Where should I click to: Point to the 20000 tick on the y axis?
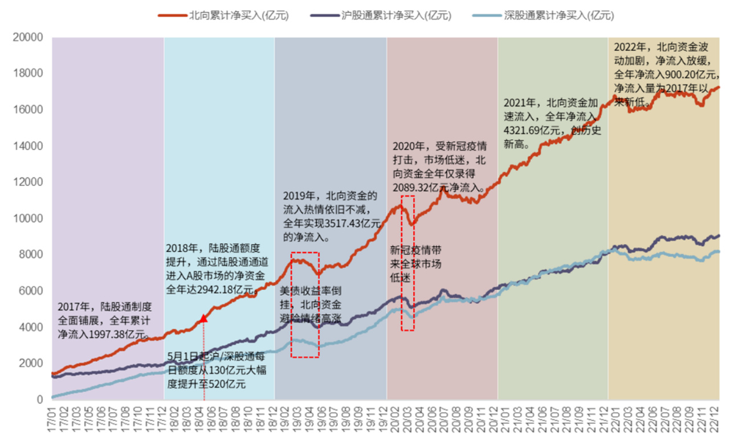click(x=29, y=38)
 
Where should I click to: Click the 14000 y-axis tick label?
click(x=29, y=146)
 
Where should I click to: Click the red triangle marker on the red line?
click(x=203, y=318)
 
